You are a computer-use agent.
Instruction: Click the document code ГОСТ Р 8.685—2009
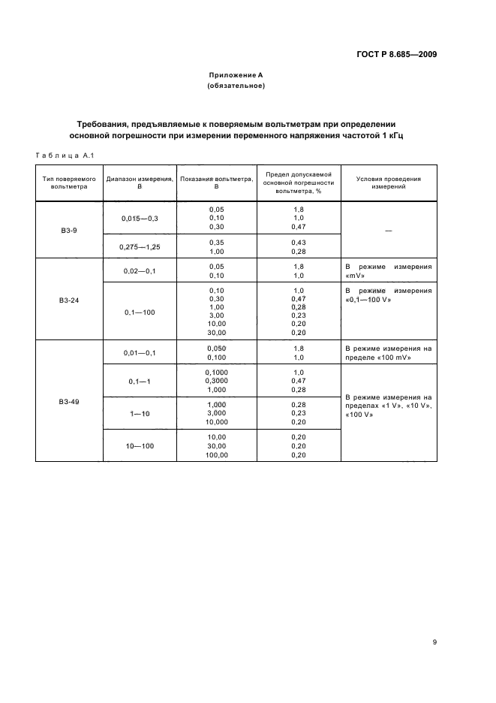point(396,54)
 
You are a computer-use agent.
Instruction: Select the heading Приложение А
point(236,75)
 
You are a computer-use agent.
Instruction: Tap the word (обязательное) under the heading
point(236,86)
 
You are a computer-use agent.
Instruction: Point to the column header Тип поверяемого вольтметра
point(69,183)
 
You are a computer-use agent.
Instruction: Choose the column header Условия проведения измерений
point(389,183)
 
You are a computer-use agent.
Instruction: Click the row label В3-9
point(69,230)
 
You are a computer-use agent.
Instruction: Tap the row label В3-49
point(69,402)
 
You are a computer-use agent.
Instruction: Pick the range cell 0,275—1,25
point(140,247)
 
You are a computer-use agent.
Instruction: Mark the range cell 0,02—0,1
point(140,270)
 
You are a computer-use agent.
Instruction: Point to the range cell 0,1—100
point(140,311)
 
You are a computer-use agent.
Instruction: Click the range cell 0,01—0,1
point(140,352)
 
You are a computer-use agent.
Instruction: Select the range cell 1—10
point(140,414)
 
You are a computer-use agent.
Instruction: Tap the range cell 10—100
point(140,445)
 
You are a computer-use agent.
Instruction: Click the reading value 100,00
point(216,454)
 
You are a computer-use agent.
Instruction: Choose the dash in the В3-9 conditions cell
point(389,231)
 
